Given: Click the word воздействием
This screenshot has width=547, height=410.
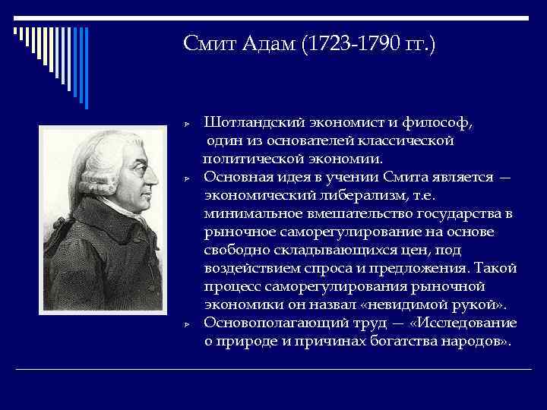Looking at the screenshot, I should pos(250,269).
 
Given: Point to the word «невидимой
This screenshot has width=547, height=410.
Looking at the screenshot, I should pos(425,305).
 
